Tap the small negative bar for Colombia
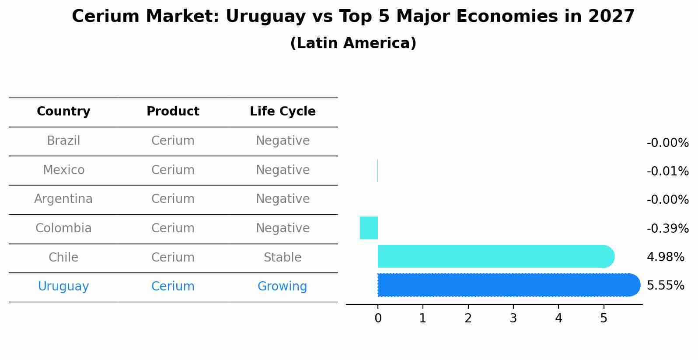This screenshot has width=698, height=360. coord(369,228)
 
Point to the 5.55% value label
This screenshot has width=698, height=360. coord(665,286)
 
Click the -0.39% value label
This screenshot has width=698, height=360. coord(667,228)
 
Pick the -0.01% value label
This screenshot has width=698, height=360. coord(667,171)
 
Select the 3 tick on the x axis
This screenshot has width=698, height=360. coord(513,318)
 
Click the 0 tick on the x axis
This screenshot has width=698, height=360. coord(378,318)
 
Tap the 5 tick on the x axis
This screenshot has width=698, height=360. coord(604,318)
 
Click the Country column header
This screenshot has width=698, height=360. coord(63,112)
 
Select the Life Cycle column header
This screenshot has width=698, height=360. coord(283,112)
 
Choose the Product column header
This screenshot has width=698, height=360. coord(173,112)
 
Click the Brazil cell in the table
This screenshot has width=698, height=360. coord(63,141)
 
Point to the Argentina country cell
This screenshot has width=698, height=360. coord(63,199)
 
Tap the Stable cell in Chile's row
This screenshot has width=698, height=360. coord(283,257)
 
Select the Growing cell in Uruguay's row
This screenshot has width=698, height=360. coord(283,287)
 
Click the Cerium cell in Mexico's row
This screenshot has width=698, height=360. coord(173,170)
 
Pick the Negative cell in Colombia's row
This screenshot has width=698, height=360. coord(283,228)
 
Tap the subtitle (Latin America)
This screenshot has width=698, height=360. coord(353,43)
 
